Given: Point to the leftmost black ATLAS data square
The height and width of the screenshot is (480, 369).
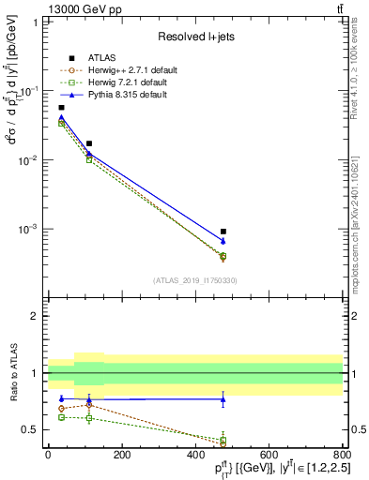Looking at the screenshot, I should pyautogui.click(x=62, y=108).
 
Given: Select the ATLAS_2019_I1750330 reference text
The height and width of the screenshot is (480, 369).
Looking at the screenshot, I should pyautogui.click(x=194, y=280).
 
